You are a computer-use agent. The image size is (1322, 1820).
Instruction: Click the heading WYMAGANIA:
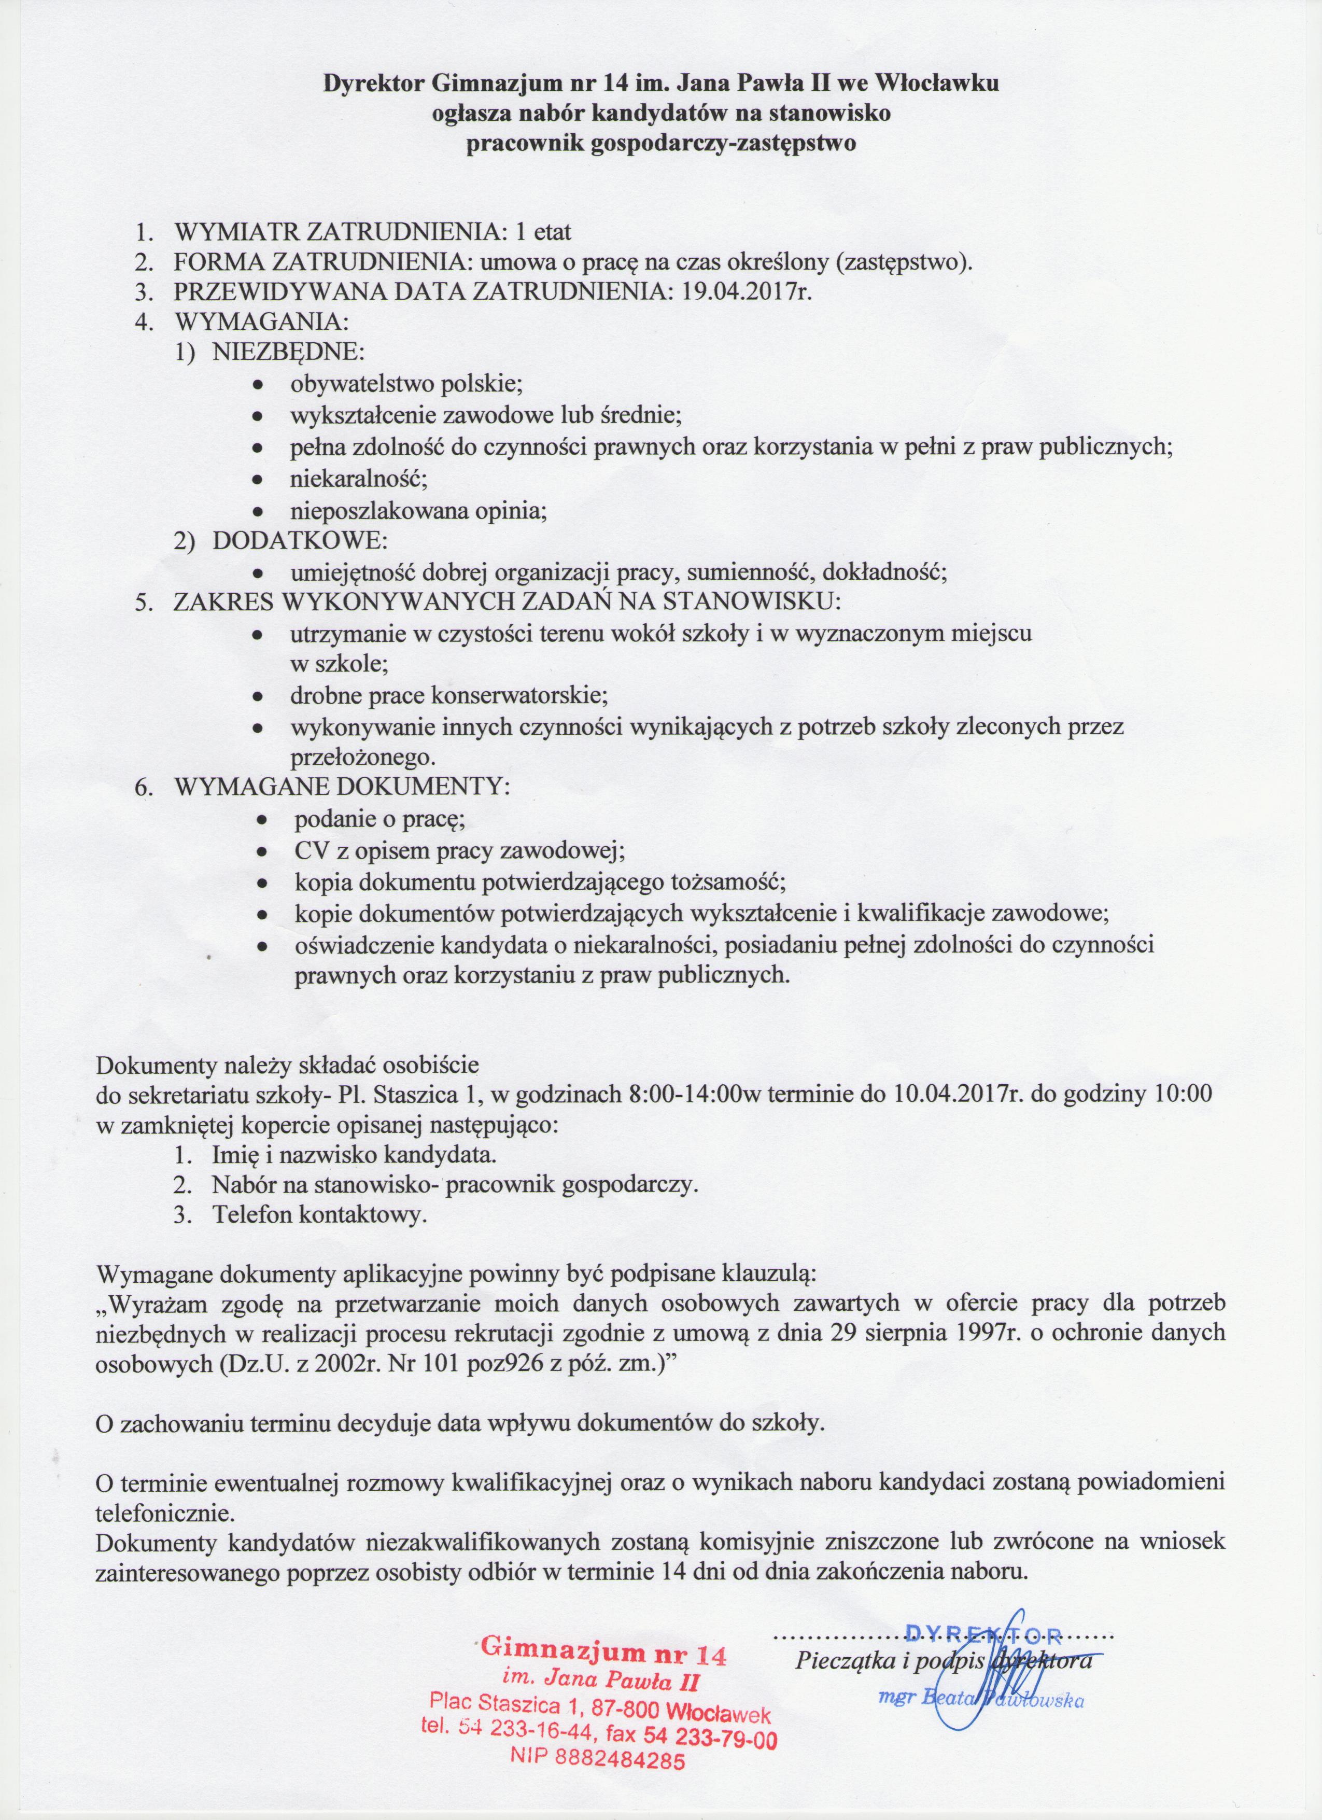coord(261,322)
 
